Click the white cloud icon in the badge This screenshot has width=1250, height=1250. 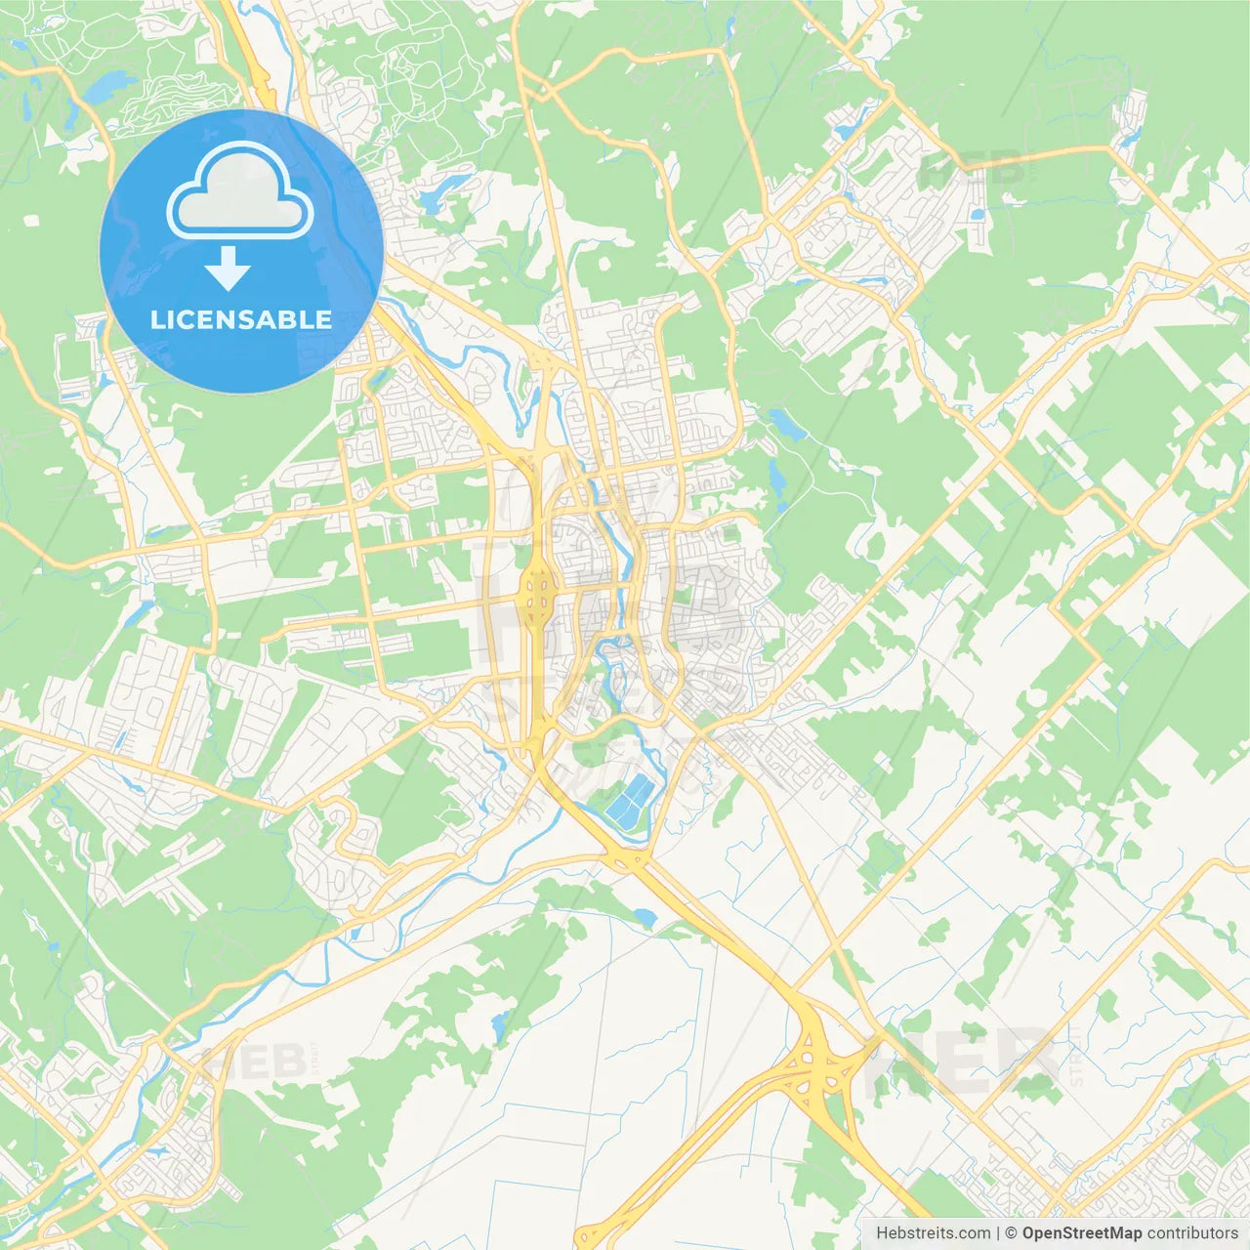pos(239,191)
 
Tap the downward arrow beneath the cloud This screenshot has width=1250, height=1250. pos(229,269)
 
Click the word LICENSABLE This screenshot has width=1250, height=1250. pos(240,319)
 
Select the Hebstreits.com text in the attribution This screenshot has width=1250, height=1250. pos(933,1233)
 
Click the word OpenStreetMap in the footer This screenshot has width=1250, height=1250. pos(1081,1233)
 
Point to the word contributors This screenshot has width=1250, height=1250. pos(1192,1233)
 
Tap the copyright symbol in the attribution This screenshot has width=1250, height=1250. pos(1011,1233)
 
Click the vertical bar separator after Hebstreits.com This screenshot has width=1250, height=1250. pos(998,1233)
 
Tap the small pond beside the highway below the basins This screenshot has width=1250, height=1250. pos(644,917)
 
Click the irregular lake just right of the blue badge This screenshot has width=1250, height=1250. pos(431,194)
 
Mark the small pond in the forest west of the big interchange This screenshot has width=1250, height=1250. pos(500,1024)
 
